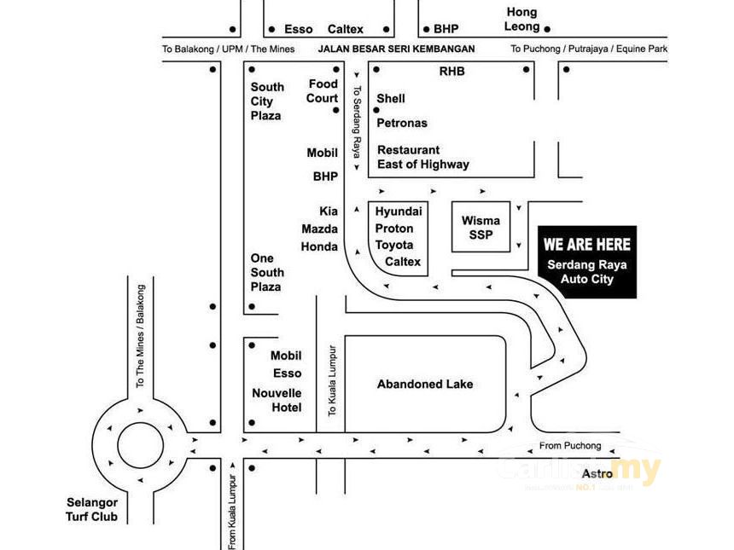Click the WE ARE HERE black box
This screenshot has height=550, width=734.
coord(587,262)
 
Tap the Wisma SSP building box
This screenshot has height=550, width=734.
coord(481,227)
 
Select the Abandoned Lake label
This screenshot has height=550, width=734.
coord(425,384)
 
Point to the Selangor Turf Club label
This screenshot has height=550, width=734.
coord(92,509)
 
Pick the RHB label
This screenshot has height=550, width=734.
coord(451,71)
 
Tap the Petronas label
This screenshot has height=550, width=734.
coord(402,123)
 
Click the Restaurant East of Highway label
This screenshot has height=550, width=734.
coord(423,157)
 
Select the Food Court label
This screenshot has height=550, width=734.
coord(323,91)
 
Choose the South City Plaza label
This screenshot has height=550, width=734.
coord(267,101)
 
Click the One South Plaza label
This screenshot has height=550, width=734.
coord(267,272)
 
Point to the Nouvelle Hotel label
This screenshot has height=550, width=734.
coord(277,400)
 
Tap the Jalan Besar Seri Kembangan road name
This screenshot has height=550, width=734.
coord(397,49)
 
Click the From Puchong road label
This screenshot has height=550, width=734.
coord(570,446)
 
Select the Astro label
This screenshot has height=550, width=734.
coord(597,474)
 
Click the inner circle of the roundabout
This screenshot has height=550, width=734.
coord(141,445)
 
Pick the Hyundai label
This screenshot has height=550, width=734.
coord(399,211)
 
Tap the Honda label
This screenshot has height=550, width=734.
coord(319,246)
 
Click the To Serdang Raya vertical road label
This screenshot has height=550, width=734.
coord(357,122)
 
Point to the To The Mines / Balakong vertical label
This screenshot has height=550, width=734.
coord(140,336)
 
